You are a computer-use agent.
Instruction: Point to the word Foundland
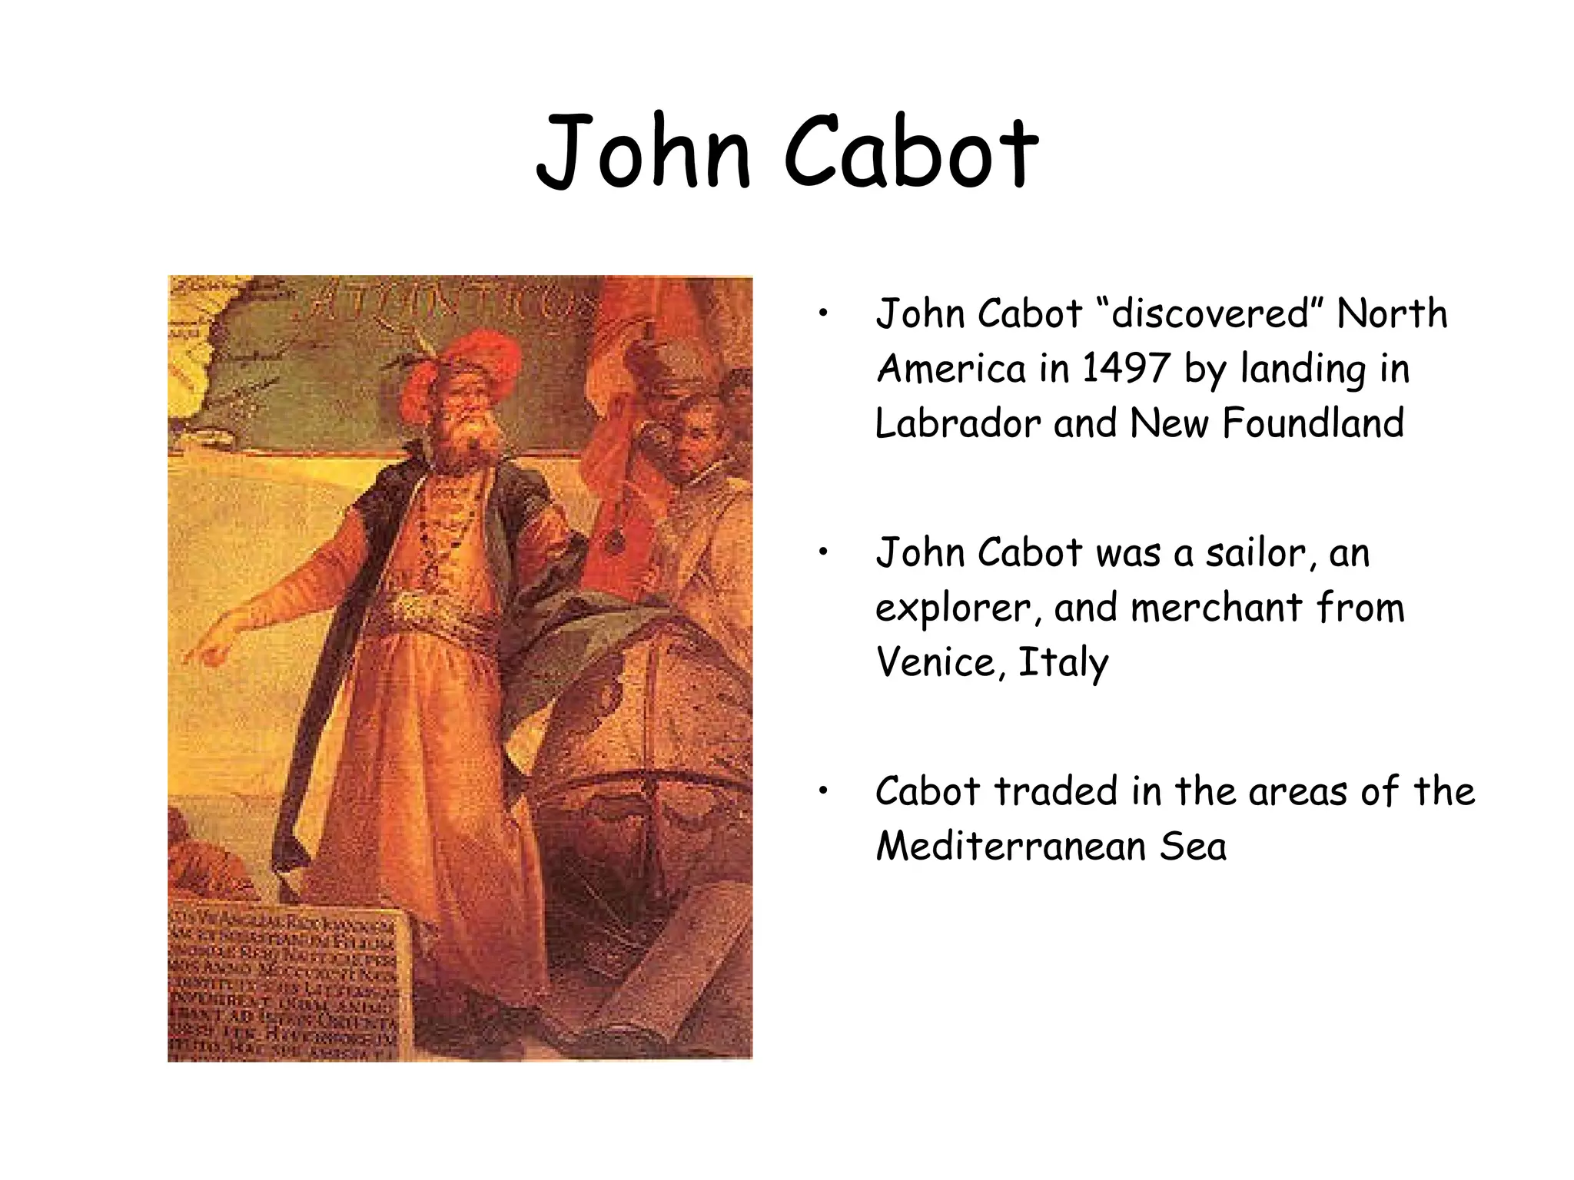click(1313, 423)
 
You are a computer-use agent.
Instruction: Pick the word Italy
click(1063, 663)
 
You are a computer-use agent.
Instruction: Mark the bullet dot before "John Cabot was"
click(823, 552)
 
